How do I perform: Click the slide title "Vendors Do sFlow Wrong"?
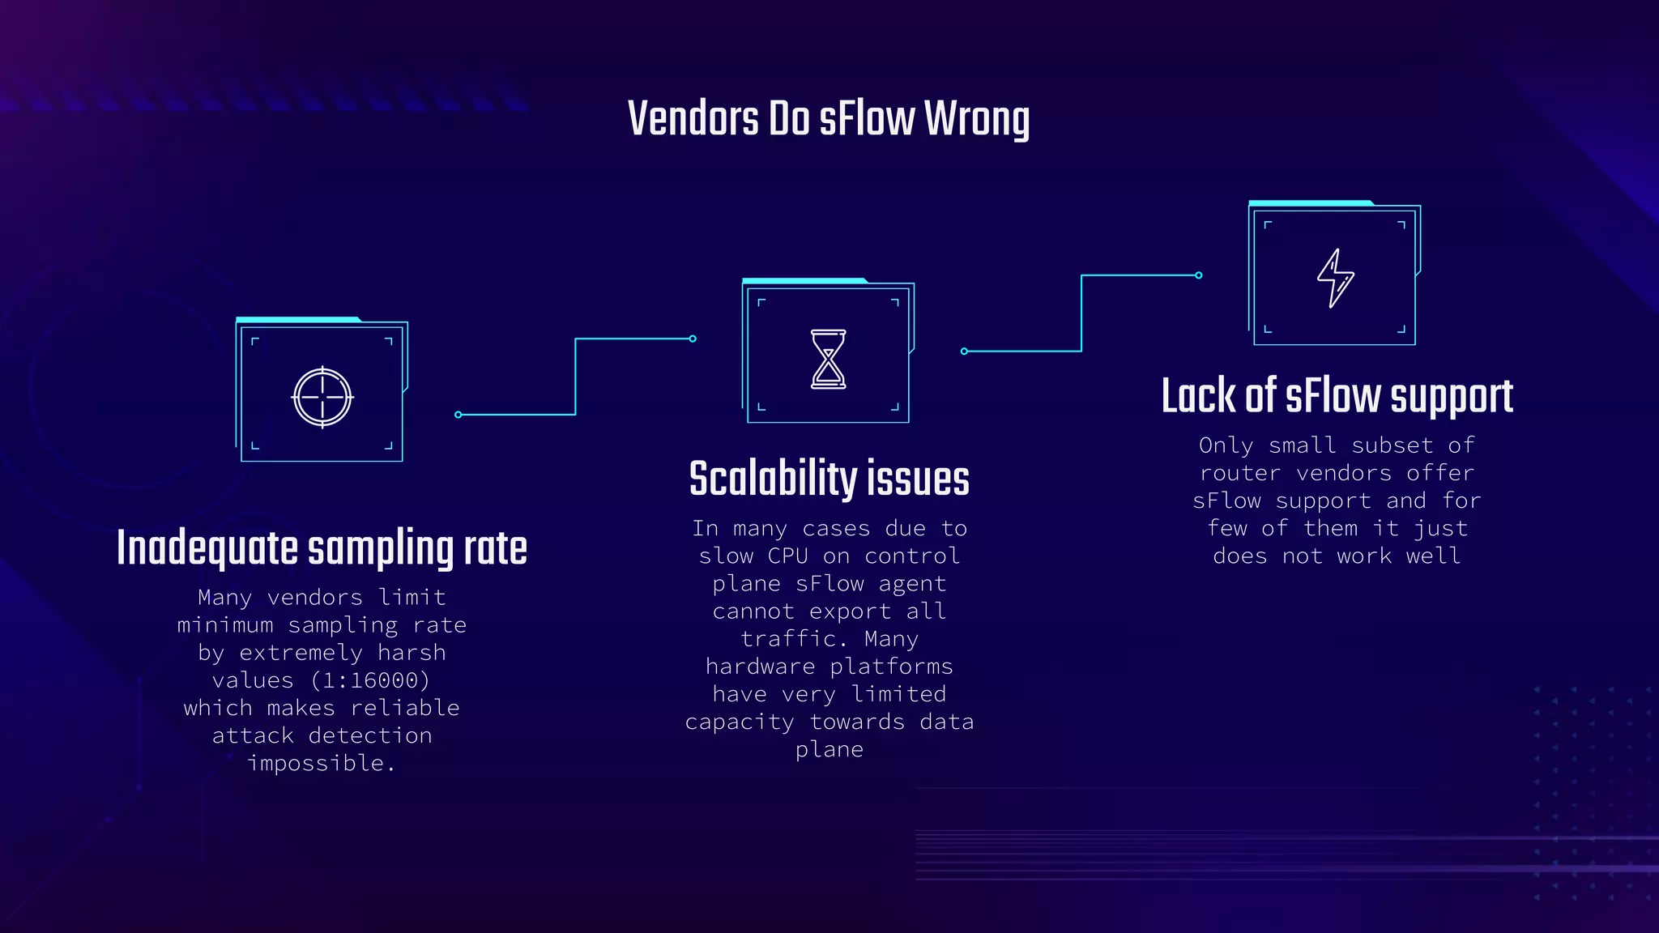point(829,118)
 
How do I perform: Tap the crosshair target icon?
point(322,397)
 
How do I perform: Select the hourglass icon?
point(828,359)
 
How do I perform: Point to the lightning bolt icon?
point(1335,278)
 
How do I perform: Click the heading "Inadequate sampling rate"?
point(322,548)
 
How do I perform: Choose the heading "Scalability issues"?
point(829,479)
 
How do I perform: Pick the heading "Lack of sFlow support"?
point(1337,397)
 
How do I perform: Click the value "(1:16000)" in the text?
point(370,680)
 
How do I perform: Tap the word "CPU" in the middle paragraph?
point(787,556)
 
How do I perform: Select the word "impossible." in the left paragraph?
point(322,763)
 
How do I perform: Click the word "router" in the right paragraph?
point(1240,473)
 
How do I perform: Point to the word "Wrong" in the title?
point(977,119)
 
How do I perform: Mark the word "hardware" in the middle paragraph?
point(760,667)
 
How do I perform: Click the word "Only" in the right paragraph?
point(1226,445)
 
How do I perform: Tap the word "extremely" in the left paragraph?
point(301,653)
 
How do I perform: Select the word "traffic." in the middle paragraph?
point(789,639)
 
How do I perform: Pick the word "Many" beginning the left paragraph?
point(224,598)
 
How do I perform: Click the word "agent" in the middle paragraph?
point(912,584)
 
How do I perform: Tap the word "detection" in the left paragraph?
point(370,735)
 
